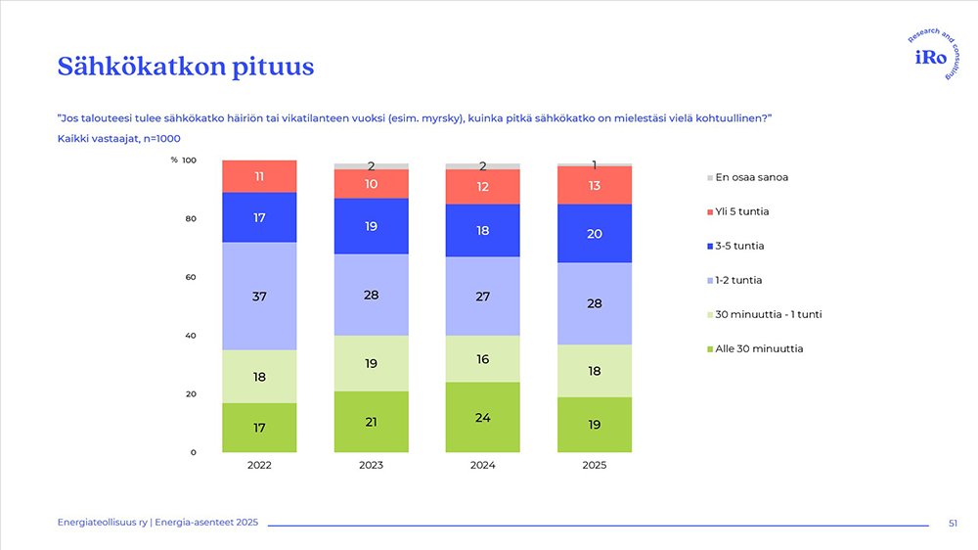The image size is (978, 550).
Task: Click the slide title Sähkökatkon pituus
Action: pos(186,67)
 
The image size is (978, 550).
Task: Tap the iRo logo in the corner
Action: pos(929,58)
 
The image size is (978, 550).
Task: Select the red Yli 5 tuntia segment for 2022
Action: pos(259,176)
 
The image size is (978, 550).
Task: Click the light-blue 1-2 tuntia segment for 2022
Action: pos(259,296)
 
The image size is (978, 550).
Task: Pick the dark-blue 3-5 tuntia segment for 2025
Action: pos(595,234)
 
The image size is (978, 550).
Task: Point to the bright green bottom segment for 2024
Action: pos(483,417)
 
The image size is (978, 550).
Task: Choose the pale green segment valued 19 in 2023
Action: pos(371,363)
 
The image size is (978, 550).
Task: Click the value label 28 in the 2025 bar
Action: pos(595,303)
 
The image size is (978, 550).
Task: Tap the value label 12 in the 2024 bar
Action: pos(483,186)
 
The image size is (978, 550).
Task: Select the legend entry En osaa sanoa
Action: pos(751,177)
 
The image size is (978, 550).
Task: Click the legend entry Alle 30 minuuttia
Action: pos(759,348)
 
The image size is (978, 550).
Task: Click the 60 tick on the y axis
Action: pos(192,277)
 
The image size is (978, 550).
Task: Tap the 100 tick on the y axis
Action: pos(190,160)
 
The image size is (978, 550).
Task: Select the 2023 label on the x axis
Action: pos(371,466)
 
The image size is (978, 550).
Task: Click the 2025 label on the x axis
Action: pos(595,466)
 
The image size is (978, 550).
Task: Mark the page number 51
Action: pos(953,525)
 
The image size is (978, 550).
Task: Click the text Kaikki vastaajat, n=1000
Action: pos(118,139)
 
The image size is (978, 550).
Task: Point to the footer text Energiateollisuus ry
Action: pos(102,525)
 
